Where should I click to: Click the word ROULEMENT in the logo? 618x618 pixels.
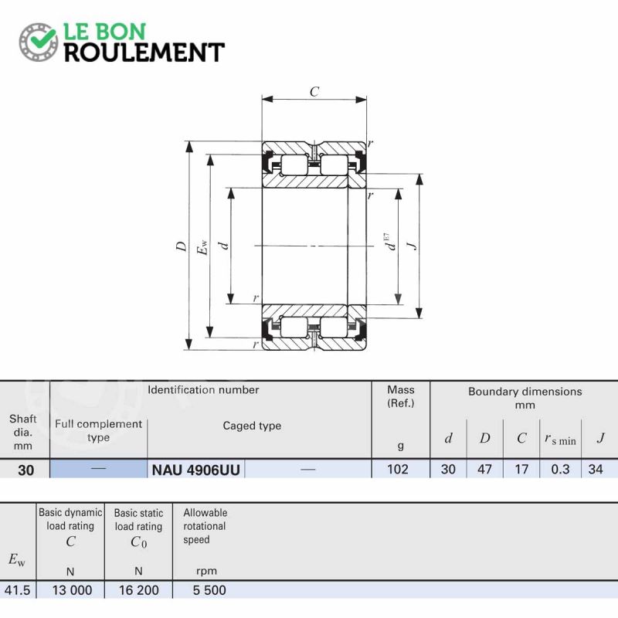pyautogui.click(x=144, y=52)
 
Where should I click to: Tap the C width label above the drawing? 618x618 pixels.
pyautogui.click(x=314, y=92)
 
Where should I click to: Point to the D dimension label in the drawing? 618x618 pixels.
pyautogui.click(x=182, y=246)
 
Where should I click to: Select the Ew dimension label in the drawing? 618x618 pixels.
pyautogui.click(x=202, y=246)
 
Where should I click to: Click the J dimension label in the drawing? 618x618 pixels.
pyautogui.click(x=413, y=246)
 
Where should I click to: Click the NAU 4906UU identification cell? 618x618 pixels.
pyautogui.click(x=196, y=470)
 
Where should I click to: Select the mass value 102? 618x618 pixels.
pyautogui.click(x=397, y=469)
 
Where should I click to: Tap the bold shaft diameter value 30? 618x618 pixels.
pyautogui.click(x=26, y=470)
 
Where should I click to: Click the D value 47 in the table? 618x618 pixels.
pyautogui.click(x=484, y=469)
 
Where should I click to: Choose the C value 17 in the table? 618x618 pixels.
pyautogui.click(x=521, y=469)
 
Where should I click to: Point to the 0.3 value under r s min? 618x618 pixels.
pyautogui.click(x=560, y=469)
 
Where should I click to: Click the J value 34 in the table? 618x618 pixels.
pyautogui.click(x=595, y=469)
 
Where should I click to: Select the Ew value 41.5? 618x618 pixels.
pyautogui.click(x=17, y=590)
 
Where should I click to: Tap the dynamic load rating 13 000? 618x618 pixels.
pyautogui.click(x=72, y=590)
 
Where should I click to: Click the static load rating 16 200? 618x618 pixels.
pyautogui.click(x=139, y=590)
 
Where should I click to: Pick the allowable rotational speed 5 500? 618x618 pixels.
pyautogui.click(x=209, y=590)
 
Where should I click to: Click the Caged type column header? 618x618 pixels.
pyautogui.click(x=252, y=426)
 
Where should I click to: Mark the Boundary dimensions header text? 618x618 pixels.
pyautogui.click(x=525, y=398)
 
